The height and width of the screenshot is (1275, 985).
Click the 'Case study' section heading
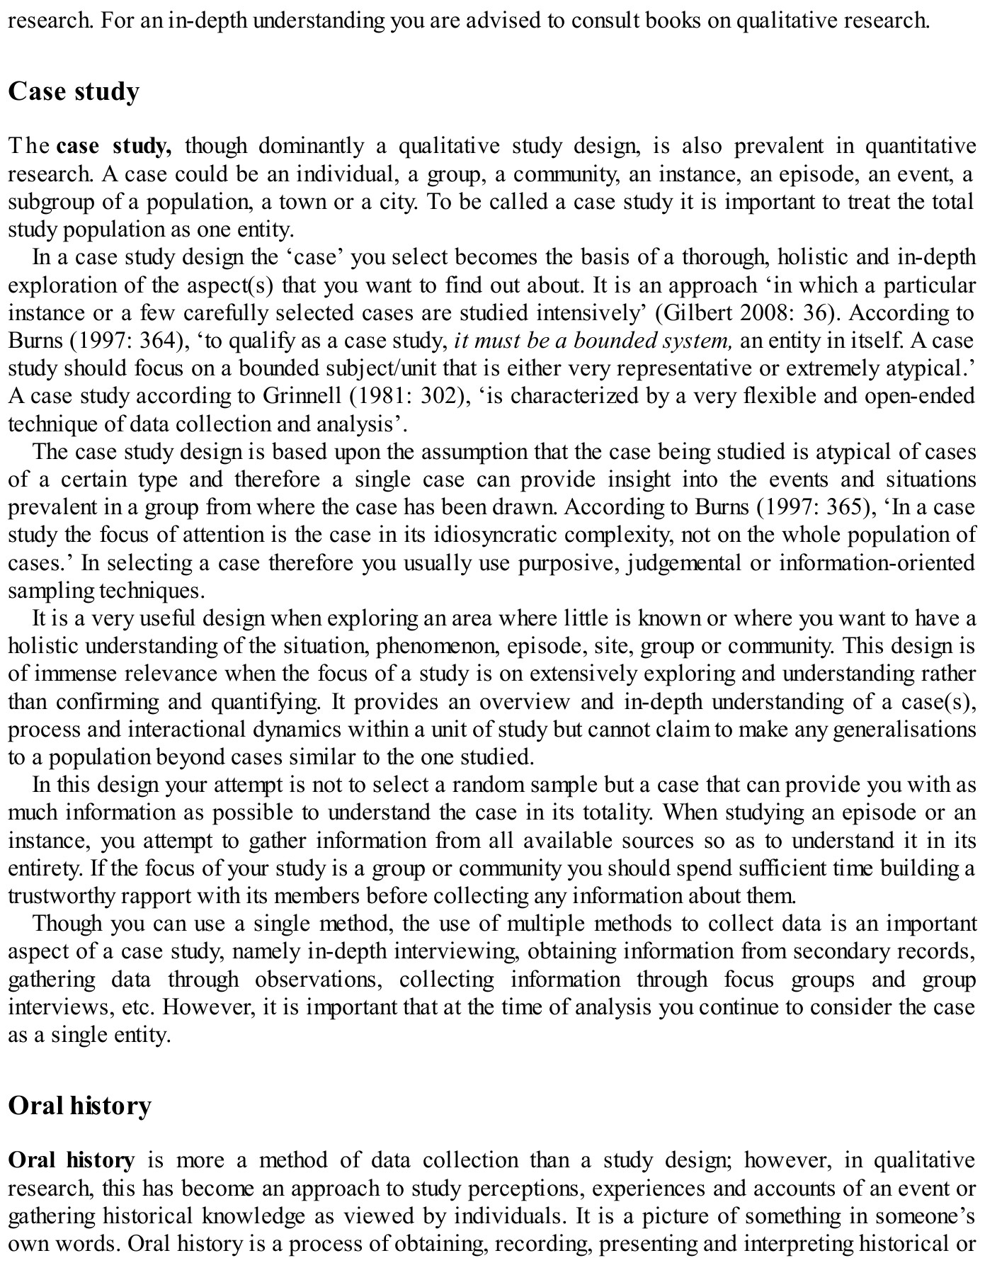click(74, 92)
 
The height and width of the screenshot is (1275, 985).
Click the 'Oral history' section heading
click(79, 1106)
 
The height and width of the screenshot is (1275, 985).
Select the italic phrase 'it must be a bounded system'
click(593, 341)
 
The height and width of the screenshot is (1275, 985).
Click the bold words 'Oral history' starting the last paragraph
click(71, 1161)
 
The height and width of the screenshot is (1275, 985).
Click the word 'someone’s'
click(930, 1216)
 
